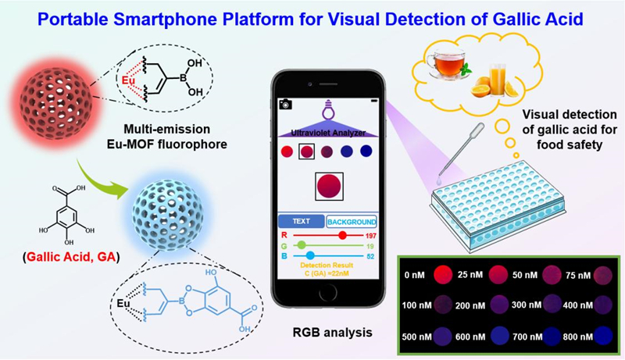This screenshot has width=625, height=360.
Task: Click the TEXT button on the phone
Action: (301, 221)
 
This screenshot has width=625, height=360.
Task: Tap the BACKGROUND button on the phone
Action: (351, 221)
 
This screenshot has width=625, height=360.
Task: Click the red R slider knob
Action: (341, 234)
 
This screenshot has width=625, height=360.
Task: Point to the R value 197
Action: (371, 234)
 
